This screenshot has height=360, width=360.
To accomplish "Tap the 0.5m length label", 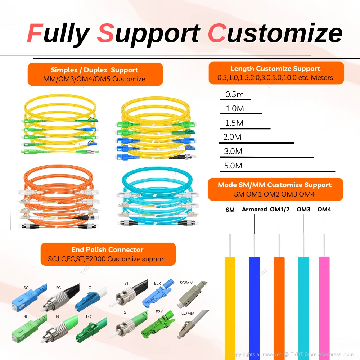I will coord(234,95).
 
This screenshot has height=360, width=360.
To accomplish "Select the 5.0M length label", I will coord(233,166).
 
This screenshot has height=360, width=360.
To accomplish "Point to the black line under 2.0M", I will coord(257,143).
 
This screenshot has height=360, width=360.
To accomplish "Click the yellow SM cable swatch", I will coord(230,306).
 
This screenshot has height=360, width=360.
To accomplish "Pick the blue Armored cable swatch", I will coord(255,306).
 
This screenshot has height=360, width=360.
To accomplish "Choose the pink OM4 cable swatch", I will coord(324,306).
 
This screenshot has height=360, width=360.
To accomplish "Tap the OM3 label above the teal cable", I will coord(303,209).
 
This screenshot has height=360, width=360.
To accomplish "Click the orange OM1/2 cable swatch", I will coord(279,306).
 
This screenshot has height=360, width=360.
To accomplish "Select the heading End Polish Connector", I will coord(107,249).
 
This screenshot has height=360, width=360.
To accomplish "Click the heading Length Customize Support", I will coord(275,68).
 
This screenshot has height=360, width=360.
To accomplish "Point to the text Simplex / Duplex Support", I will coord(94,70).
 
